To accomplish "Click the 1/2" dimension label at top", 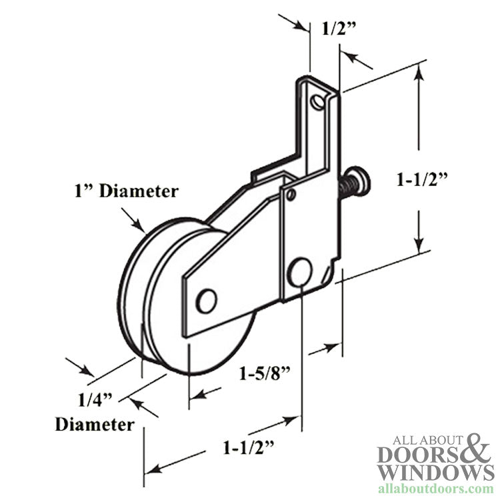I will coord(337,29).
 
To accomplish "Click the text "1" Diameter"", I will coord(125,191).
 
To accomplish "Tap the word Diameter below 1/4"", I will coord(94,424).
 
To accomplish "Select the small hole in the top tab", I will coord(322,102).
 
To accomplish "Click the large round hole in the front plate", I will coord(300,270).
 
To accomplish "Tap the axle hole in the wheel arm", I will coord(207,301).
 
